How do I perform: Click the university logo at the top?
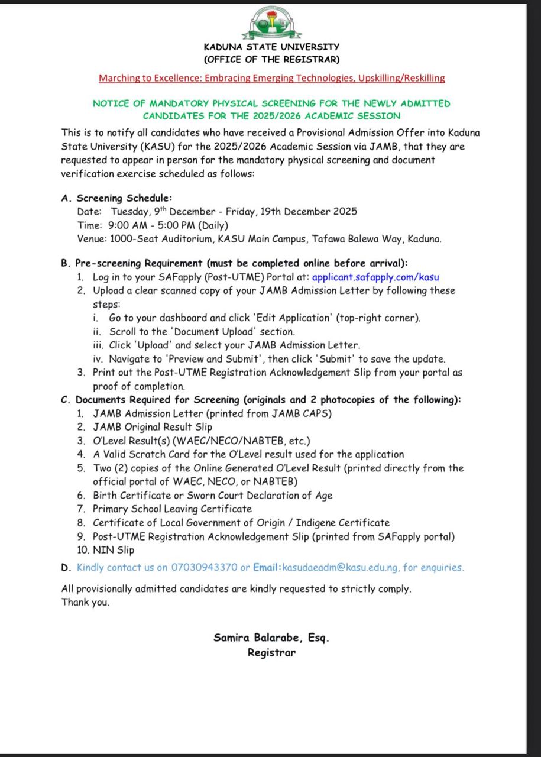click(x=271, y=22)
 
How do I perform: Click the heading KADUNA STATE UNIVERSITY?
click(x=271, y=47)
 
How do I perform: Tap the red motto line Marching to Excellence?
click(x=271, y=78)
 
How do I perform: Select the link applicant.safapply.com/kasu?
click(x=375, y=277)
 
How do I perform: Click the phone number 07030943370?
click(x=204, y=567)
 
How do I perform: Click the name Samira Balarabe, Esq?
click(x=271, y=638)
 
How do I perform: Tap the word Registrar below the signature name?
click(x=271, y=653)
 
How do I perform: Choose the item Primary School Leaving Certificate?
click(x=172, y=509)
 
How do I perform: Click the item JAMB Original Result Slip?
click(x=152, y=427)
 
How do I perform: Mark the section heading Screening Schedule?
click(x=124, y=198)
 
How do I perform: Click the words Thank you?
click(x=86, y=603)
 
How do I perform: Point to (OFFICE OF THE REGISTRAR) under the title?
click(x=271, y=59)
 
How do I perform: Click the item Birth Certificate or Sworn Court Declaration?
click(x=212, y=496)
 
